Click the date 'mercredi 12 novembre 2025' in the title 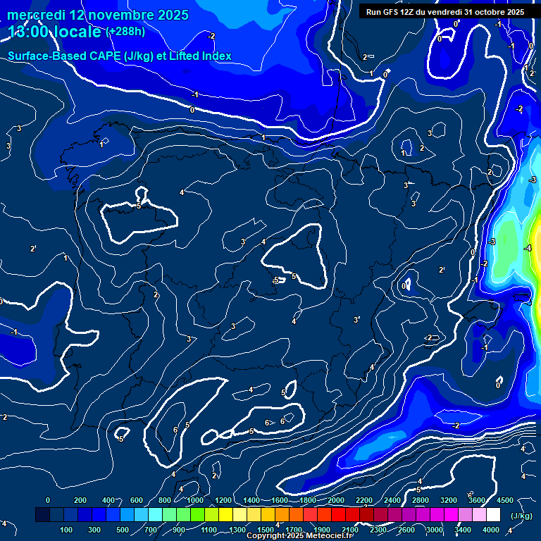click(98, 15)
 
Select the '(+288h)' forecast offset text click(125, 32)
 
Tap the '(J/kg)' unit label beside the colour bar click(522, 516)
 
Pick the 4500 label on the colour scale click(505, 500)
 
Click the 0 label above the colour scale click(48, 500)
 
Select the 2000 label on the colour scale click(336, 500)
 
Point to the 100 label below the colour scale click(66, 530)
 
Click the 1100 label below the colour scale click(209, 530)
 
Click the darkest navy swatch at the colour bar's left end click(43, 515)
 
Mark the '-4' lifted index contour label click(528, 249)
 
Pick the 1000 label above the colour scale click(195, 500)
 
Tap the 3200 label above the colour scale click(448, 500)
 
